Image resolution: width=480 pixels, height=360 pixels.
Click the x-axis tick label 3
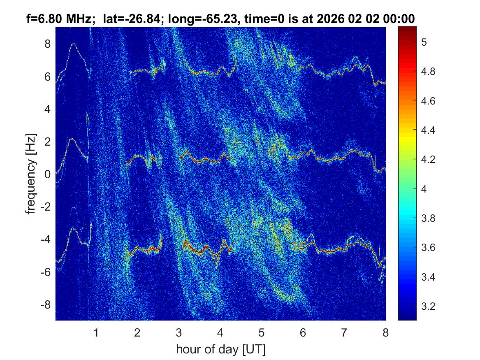[179, 333]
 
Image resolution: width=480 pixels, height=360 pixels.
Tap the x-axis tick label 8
[385, 333]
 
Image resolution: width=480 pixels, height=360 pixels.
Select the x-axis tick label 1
[96, 333]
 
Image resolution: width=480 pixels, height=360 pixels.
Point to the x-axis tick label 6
[303, 333]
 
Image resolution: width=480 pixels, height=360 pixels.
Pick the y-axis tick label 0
[48, 174]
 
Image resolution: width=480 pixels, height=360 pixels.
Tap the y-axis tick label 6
[48, 77]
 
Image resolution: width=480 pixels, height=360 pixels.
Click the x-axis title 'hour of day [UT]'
[220, 350]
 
